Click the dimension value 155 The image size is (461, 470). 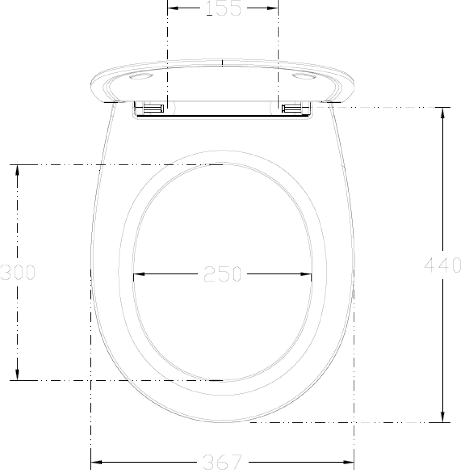pyautogui.click(x=223, y=8)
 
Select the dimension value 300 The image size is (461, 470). pyautogui.click(x=18, y=272)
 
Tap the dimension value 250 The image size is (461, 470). pyautogui.click(x=222, y=274)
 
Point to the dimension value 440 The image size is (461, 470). pyautogui.click(x=442, y=265)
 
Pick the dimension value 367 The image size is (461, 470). pyautogui.click(x=223, y=462)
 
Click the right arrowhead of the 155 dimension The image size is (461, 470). pyautogui.click(x=272, y=8)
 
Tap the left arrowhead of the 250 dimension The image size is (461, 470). pyautogui.click(x=139, y=274)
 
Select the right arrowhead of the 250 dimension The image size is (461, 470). pyautogui.click(x=306, y=274)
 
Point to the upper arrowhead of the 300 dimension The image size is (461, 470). pyautogui.click(x=17, y=170)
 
